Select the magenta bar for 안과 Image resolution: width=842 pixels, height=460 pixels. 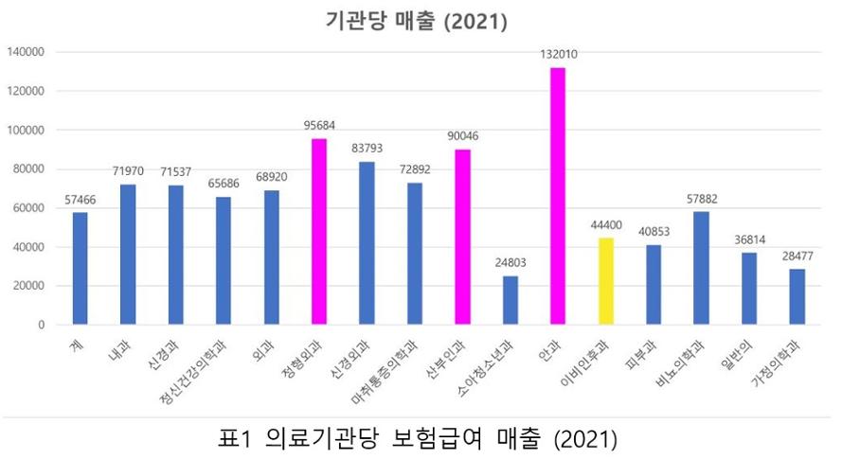pos(558,196)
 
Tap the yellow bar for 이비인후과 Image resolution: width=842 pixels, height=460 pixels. pos(605,281)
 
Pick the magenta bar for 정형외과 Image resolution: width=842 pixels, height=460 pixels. pos(319,232)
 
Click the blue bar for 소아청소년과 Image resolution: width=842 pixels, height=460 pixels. pos(511,300)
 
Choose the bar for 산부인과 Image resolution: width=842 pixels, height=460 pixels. pos(462,237)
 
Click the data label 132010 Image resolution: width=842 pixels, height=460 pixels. pos(558,55)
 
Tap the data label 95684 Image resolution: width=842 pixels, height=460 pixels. pos(319,126)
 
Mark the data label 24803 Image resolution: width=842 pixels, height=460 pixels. pos(511,263)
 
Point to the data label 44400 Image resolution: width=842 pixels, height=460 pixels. pos(605,225)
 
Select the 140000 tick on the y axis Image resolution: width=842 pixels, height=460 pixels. pos(26,52)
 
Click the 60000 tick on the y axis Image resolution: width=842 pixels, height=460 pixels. pos(28,208)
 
